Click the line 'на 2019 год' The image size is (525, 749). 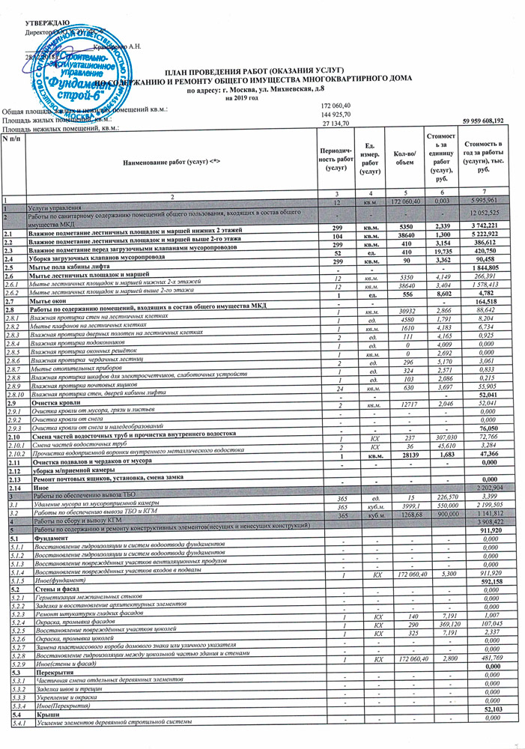pos(240,98)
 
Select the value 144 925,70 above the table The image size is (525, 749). pos(336,114)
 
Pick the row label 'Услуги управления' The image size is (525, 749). pos(53,204)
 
